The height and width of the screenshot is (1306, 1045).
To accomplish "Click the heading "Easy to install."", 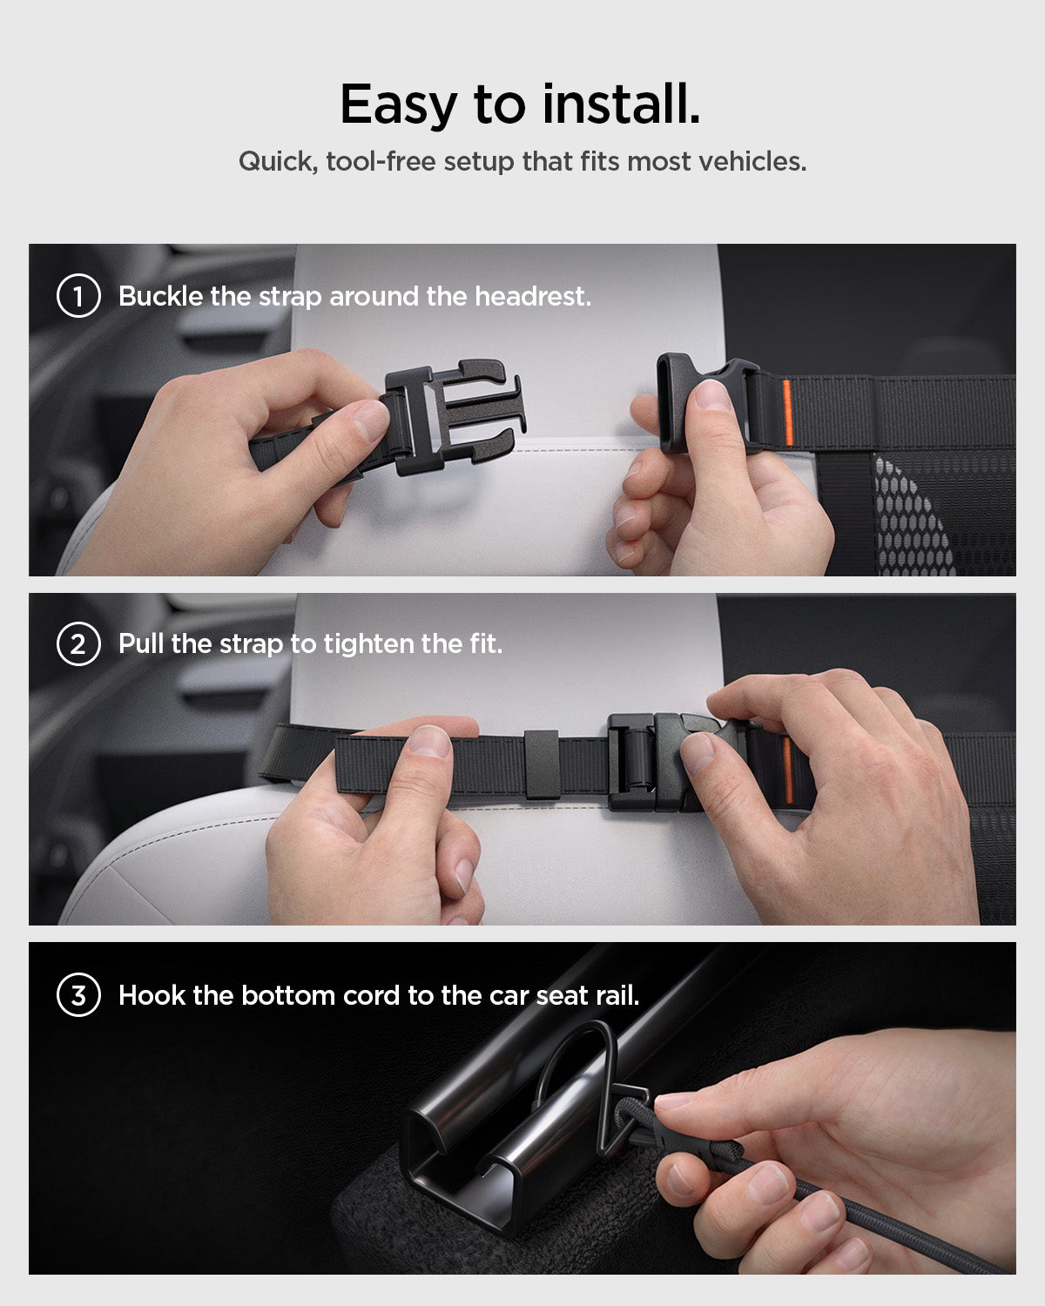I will tap(520, 104).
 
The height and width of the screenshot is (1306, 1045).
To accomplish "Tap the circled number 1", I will tap(78, 296).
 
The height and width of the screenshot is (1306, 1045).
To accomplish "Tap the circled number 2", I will tap(78, 645).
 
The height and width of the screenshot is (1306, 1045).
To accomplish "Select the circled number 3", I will tap(78, 995).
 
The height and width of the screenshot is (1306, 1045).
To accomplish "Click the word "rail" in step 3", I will tap(616, 995).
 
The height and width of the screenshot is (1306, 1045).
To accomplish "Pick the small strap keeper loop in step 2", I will tap(541, 764).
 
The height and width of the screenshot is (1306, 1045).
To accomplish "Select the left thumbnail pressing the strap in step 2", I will tap(430, 741).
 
